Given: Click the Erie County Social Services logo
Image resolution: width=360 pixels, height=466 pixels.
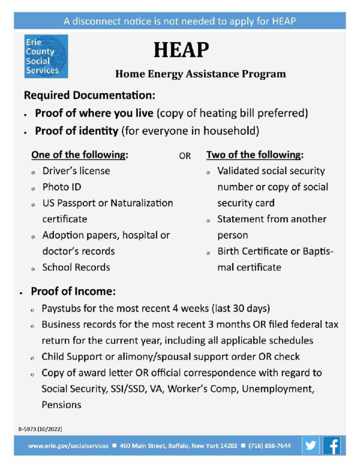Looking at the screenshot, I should coord(46,56).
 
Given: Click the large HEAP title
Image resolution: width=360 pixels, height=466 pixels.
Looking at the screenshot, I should coord(181,50).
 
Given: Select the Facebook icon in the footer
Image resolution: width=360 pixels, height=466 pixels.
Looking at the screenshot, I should coord(332,445).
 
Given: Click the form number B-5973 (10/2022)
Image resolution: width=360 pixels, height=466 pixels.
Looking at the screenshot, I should coord(41,429).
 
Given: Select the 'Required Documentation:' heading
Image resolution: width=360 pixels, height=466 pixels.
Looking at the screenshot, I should coord(90,96).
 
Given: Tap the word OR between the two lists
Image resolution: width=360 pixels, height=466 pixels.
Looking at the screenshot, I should coord(185,156).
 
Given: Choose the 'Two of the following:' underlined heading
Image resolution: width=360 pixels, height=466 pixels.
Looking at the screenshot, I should coord(255,155).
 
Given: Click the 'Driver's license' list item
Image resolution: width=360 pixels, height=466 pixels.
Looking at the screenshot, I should coord(76,171).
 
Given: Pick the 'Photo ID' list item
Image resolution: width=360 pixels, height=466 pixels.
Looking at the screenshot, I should coord(62,187).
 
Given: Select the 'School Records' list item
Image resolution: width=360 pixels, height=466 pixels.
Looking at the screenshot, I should coord(76,267).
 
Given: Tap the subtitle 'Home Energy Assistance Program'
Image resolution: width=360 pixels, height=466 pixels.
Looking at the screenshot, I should coord(201,74).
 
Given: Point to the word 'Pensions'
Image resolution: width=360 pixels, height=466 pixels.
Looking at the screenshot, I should coord(61,404).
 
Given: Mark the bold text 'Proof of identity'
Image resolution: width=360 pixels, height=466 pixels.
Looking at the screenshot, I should coord(76,131).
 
